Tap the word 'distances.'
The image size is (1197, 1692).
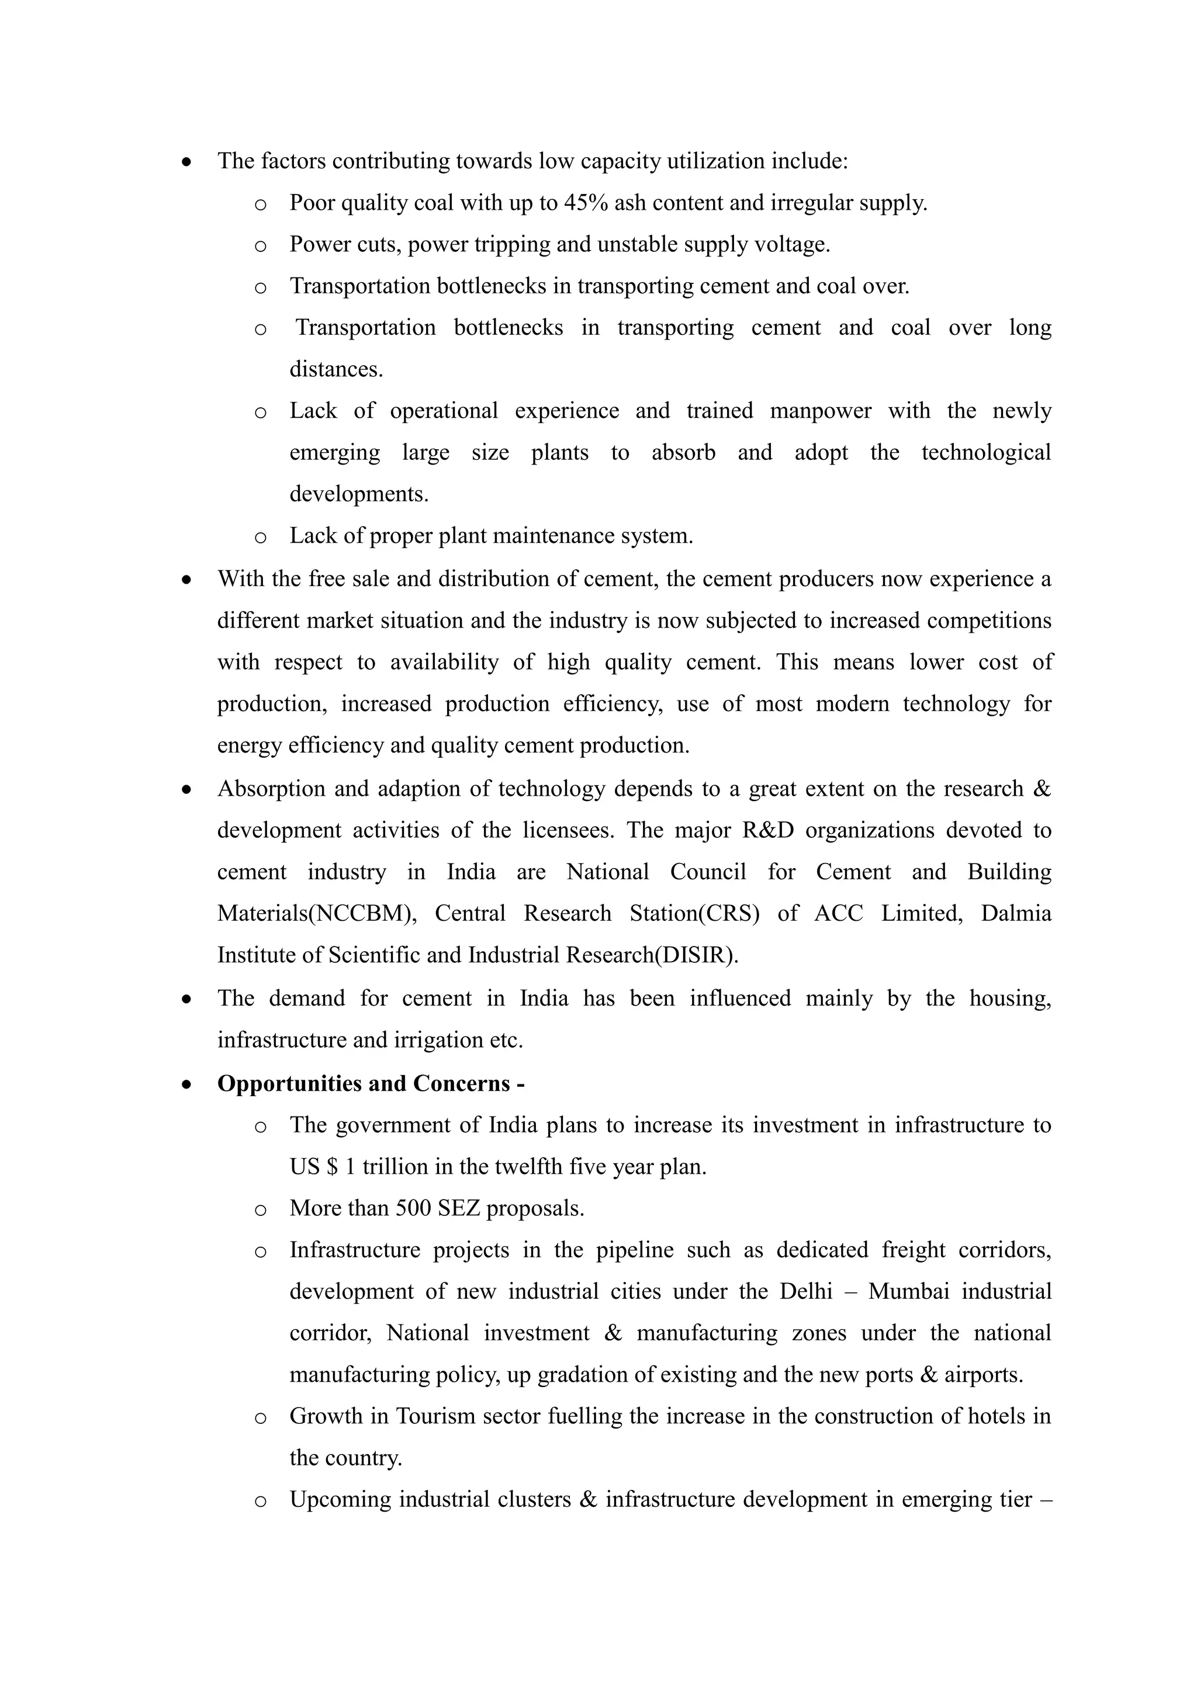pyautogui.click(x=336, y=369)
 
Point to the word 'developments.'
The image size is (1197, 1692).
pyautogui.click(x=359, y=494)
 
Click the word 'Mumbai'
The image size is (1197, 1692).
pyautogui.click(x=908, y=1292)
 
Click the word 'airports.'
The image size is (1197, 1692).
pyautogui.click(x=984, y=1375)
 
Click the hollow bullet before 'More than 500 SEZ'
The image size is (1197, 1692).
pyautogui.click(x=260, y=1210)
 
